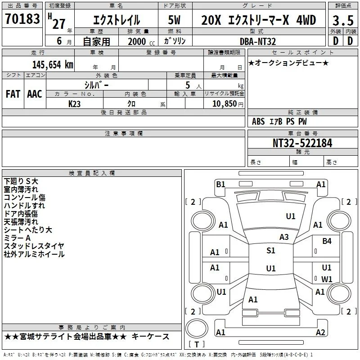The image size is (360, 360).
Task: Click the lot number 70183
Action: pos(22,19)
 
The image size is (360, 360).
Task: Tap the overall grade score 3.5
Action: pos(343,21)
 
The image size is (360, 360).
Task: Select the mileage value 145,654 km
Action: pos(53,65)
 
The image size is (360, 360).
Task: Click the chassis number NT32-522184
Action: pos(302,143)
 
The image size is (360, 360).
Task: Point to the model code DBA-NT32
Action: pos(257,41)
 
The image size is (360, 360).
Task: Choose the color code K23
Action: pos(74,104)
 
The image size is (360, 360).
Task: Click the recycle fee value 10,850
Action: pos(225,103)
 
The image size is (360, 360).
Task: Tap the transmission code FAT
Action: pos(13,94)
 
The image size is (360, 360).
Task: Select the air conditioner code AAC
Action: pos(35,94)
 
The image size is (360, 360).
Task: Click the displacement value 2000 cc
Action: pos(141,41)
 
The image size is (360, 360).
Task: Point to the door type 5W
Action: pos(174,20)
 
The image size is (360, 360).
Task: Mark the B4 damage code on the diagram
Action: pos(327,241)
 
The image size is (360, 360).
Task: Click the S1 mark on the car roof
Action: pos(271,251)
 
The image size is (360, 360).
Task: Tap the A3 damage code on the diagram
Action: pos(284,237)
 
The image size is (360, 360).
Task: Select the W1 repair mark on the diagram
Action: pos(327,279)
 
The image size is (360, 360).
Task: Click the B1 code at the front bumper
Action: pos(220,184)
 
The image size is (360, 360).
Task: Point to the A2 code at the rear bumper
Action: pos(320,332)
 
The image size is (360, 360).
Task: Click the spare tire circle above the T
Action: pos(197,328)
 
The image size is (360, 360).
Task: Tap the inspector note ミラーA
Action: pos(17,238)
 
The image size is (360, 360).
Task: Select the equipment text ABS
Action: pos(258,121)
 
